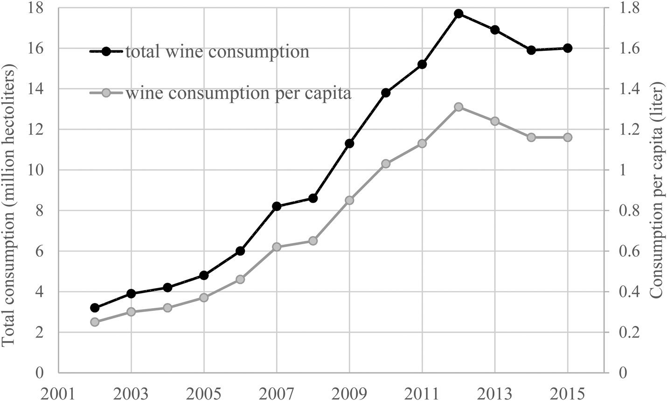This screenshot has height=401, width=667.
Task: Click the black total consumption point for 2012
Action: pos(459,14)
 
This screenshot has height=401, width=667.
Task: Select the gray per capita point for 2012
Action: pos(459,107)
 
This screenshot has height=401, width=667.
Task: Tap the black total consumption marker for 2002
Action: pos(95,308)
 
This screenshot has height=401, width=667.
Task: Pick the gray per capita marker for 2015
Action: pos(568,137)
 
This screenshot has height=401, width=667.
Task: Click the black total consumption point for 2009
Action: pos(349,143)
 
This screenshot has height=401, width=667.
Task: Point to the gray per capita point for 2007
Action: pos(277,246)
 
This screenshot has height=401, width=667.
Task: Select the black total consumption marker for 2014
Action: pos(531,50)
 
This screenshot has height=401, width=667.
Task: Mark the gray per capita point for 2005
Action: pos(204,297)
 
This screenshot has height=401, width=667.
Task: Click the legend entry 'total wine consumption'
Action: pos(216,51)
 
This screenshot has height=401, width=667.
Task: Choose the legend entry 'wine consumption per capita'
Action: pos(238,93)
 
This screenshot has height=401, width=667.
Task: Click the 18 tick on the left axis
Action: pos(38,8)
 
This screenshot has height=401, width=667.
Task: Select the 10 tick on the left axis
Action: pos(38,170)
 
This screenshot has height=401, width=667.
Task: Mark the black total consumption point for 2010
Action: pos(386,93)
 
